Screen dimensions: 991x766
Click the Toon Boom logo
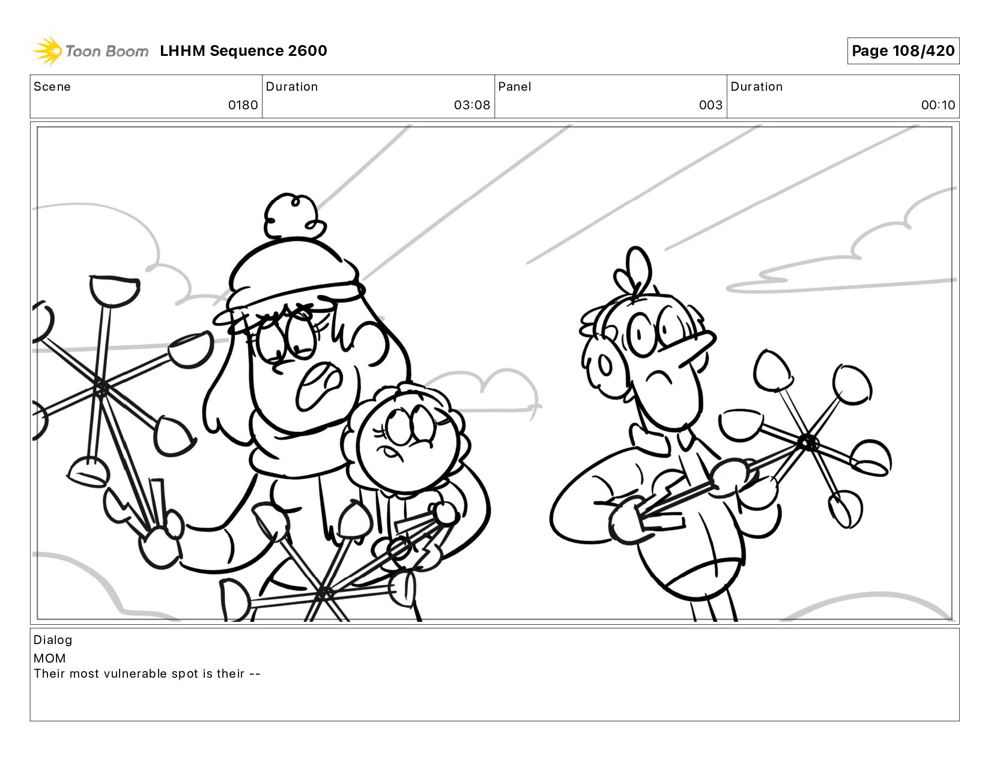[x=91, y=50]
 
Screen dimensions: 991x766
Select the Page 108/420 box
[x=903, y=50]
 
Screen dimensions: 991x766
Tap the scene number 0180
[x=243, y=105]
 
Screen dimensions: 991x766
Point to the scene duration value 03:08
[x=472, y=105]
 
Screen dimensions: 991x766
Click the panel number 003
[x=711, y=105]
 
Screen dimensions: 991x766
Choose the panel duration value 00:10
[x=938, y=105]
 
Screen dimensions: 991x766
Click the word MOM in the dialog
[x=50, y=658]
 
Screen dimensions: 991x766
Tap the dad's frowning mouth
[x=659, y=377]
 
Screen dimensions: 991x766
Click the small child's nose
[x=390, y=452]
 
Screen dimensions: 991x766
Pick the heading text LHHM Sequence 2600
[x=243, y=50]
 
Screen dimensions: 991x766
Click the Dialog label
[x=53, y=640]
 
